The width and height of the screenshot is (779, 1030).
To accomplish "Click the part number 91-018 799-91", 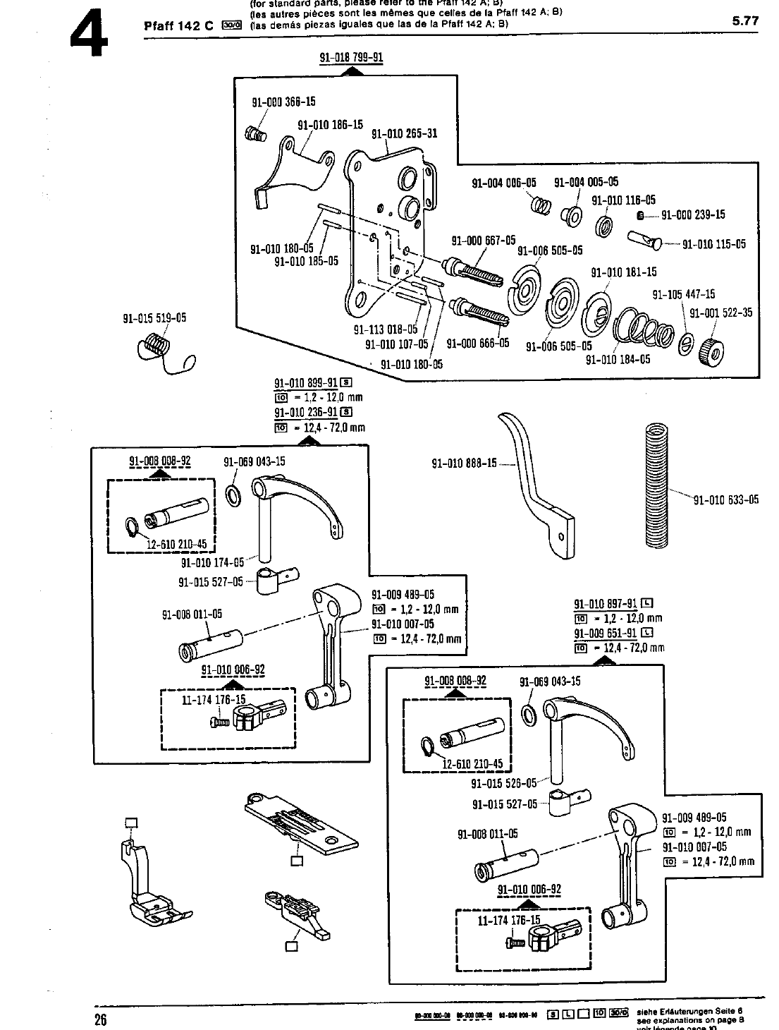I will pyautogui.click(x=351, y=57).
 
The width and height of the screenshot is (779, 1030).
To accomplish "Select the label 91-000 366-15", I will pyautogui.click(x=283, y=103).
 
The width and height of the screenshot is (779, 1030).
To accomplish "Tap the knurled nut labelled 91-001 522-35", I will pyautogui.click(x=708, y=349).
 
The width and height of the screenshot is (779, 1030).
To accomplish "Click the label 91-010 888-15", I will pyautogui.click(x=464, y=464).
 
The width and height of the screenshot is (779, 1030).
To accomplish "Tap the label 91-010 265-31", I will pyautogui.click(x=404, y=133).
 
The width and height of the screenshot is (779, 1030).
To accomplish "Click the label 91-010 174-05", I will pyautogui.click(x=212, y=563).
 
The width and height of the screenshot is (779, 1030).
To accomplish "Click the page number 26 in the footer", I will pyautogui.click(x=101, y=1019).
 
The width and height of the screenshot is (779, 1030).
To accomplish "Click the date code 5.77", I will pyautogui.click(x=744, y=21).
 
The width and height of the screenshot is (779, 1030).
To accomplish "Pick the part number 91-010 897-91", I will pyautogui.click(x=606, y=604).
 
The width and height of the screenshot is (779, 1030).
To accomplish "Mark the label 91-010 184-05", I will pyautogui.click(x=618, y=360).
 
